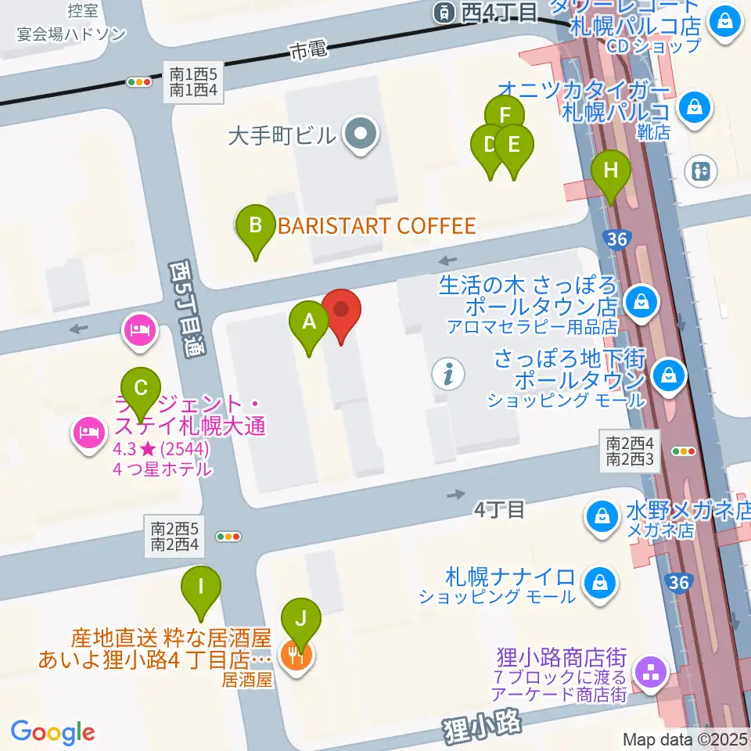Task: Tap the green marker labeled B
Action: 255,228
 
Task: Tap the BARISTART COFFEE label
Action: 377,227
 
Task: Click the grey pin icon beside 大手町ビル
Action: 361,136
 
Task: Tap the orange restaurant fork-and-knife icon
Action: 295,653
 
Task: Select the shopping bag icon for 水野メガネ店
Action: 603,516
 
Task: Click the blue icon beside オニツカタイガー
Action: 694,106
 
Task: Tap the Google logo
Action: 53,732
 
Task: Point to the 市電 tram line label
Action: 305,52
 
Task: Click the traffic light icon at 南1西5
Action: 140,81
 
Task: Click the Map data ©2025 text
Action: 685,739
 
